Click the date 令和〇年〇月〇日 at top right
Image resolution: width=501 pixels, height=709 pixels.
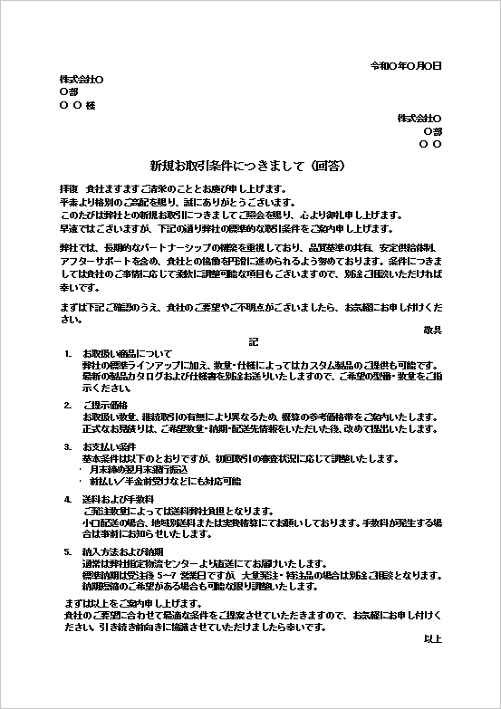[x=406, y=66]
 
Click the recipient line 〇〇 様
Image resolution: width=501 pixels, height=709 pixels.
[x=77, y=106]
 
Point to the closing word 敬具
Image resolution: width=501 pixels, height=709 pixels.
[x=432, y=331]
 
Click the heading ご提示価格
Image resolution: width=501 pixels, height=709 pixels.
[x=105, y=404]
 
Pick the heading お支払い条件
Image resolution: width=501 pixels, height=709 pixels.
[x=109, y=447]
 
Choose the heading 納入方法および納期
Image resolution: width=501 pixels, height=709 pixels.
[x=122, y=551]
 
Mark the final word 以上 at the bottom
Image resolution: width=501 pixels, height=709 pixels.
[x=432, y=638]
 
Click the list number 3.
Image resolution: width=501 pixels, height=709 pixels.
[x=67, y=447]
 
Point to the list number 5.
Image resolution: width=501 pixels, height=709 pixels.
[x=67, y=551]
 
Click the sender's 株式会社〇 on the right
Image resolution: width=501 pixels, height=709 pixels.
[x=419, y=119]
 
